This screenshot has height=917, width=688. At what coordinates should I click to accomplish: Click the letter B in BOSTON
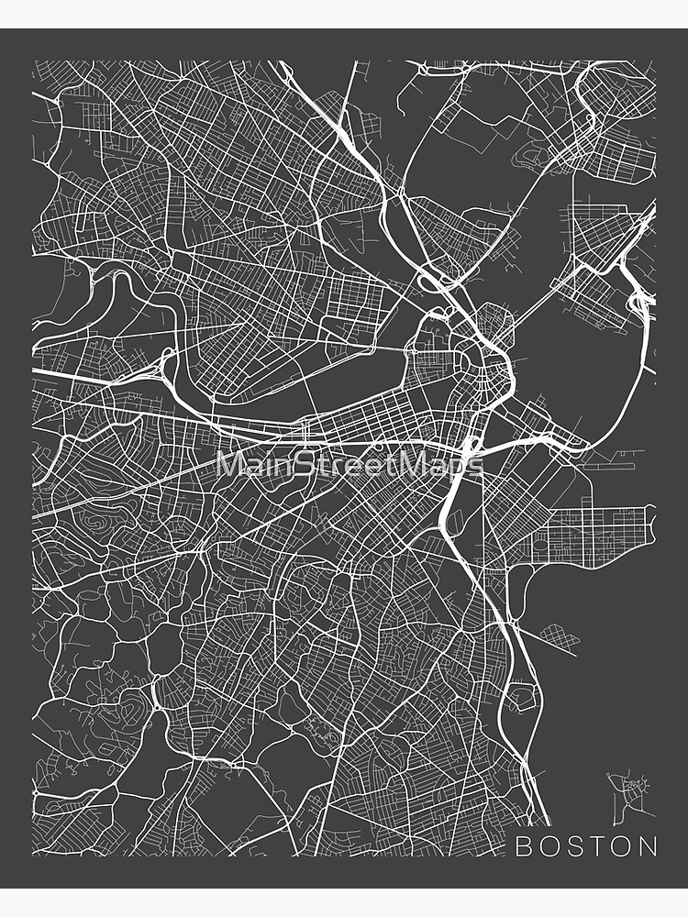522,846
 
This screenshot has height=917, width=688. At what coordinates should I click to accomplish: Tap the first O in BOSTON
548,846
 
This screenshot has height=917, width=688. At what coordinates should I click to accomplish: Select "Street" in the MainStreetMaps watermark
344,463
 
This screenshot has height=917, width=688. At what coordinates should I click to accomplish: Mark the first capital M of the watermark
227,463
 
